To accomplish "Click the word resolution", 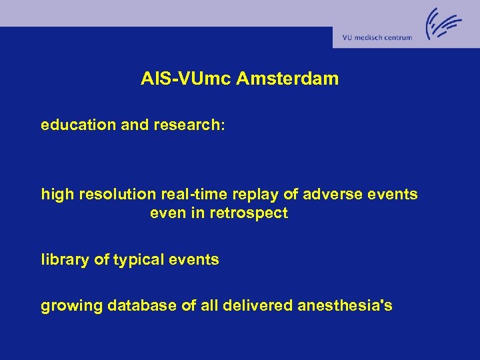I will coord(108,195).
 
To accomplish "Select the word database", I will coord(127,306).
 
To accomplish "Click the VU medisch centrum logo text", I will coord(377,38).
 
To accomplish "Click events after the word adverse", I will coord(391,195).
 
